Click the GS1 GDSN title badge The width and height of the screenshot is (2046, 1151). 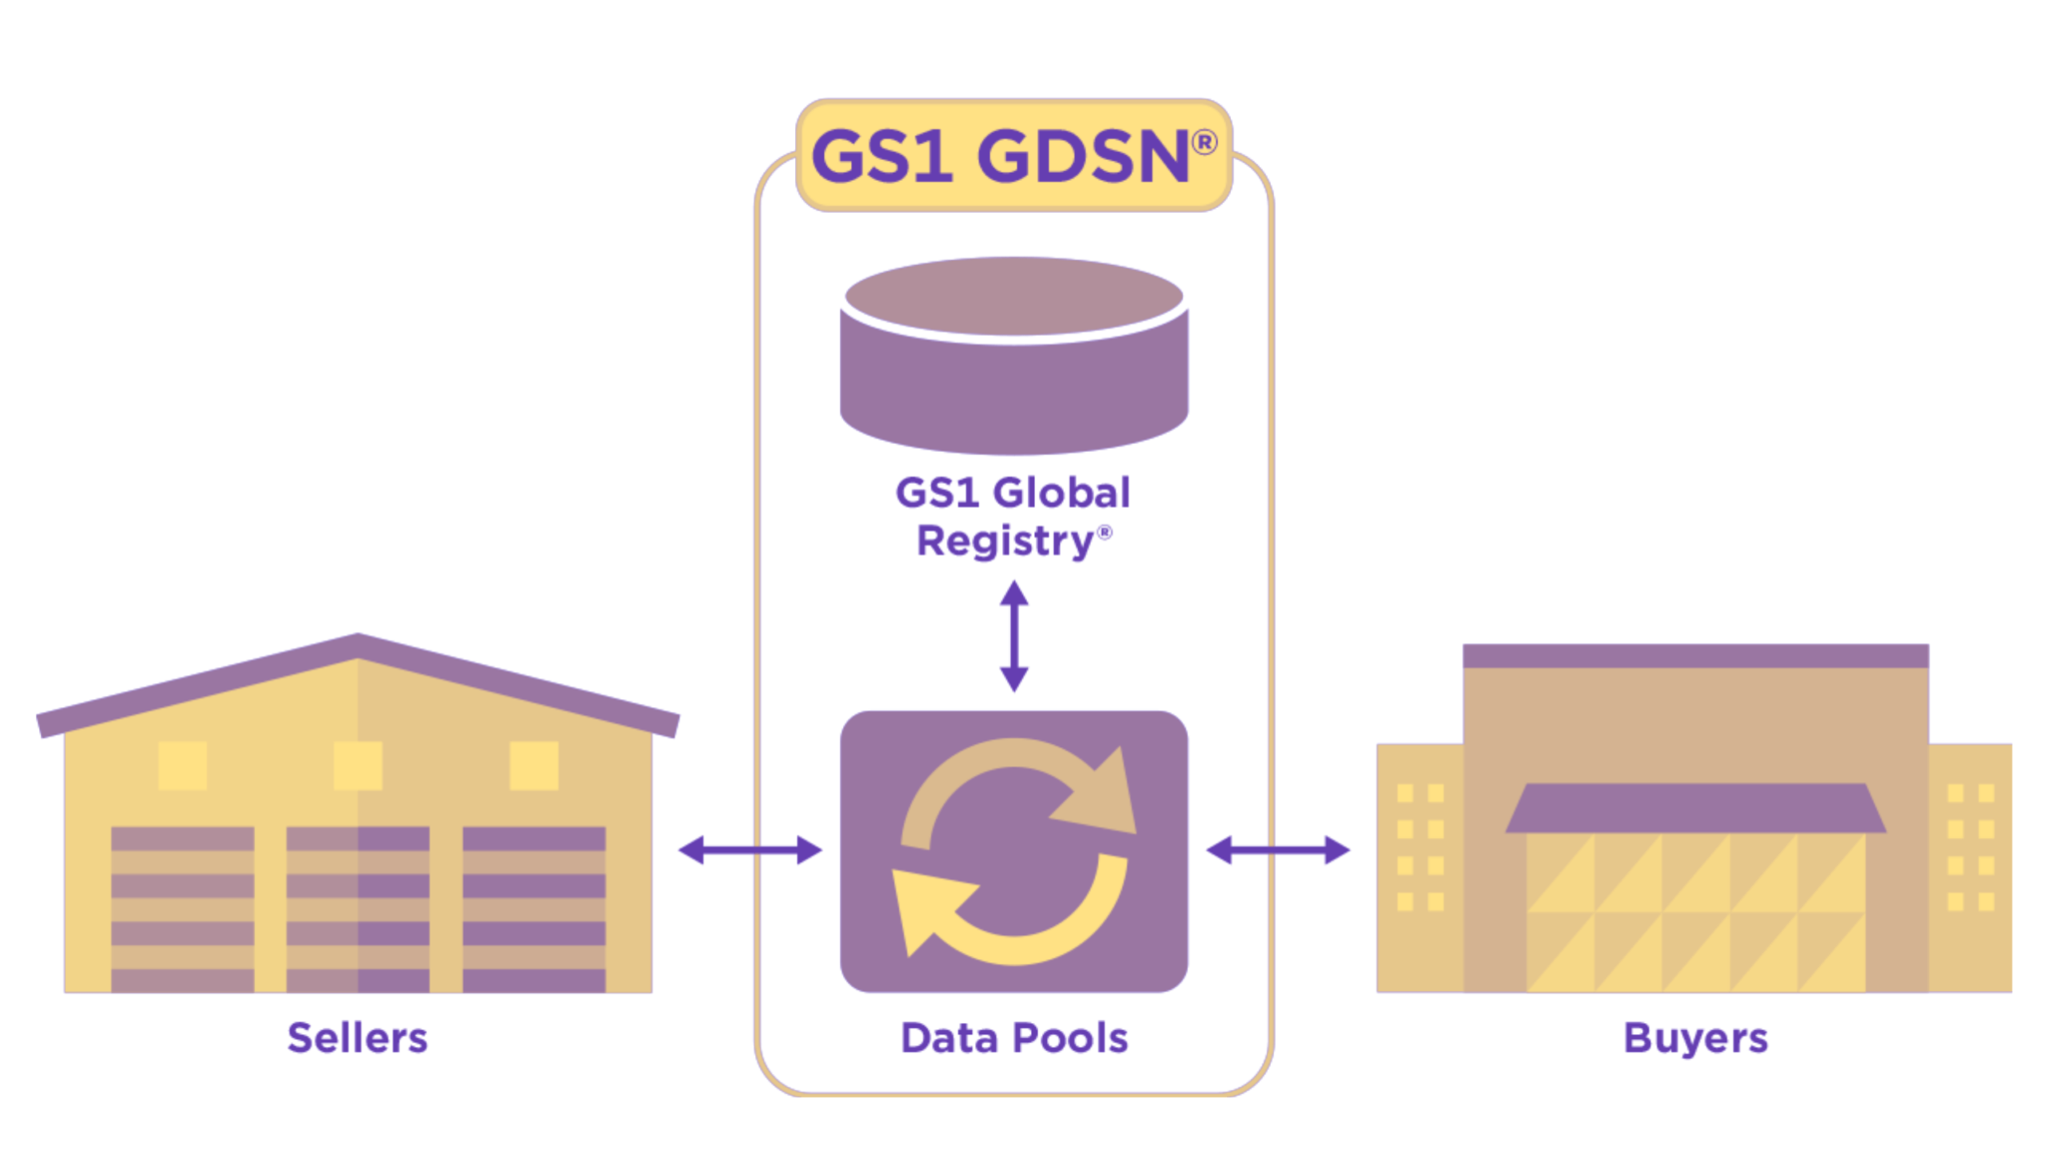1013,156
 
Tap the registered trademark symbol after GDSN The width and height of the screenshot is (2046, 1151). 1205,143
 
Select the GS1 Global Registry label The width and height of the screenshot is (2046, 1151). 1013,517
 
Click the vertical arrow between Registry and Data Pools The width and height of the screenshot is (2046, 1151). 1014,636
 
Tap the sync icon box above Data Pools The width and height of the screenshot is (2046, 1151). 1014,851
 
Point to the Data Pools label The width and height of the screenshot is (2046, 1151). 1014,1038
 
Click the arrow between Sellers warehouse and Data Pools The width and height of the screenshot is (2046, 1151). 750,850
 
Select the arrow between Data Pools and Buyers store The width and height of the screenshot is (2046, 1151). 1278,850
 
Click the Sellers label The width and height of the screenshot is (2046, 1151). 358,1038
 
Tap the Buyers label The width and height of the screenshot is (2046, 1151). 1695,1038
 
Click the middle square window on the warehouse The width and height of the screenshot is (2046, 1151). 358,765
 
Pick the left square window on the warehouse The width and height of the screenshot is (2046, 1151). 183,765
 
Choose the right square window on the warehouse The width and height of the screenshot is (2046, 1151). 533,765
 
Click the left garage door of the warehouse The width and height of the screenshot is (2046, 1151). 182,909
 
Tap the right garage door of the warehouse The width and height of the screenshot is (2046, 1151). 533,909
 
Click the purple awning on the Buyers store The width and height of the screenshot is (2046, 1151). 1695,808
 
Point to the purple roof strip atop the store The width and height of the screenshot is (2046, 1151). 1695,655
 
